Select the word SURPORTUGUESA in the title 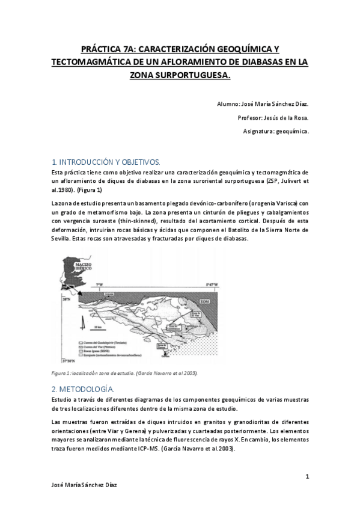click(195, 76)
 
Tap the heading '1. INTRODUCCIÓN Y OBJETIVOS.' click(106, 162)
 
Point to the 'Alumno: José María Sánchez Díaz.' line click(263, 104)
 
